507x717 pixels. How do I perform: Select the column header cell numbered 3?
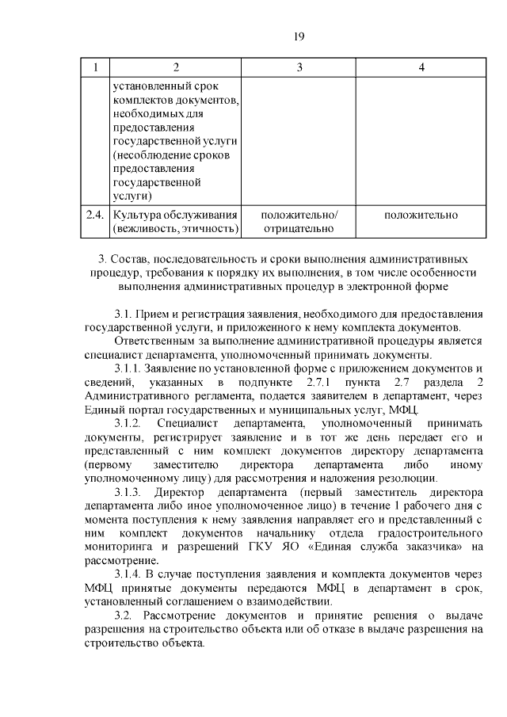click(x=299, y=67)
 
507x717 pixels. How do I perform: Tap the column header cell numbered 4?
click(x=421, y=67)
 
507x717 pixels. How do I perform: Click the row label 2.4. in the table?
click(x=95, y=215)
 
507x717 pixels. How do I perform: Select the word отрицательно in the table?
click(x=299, y=230)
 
